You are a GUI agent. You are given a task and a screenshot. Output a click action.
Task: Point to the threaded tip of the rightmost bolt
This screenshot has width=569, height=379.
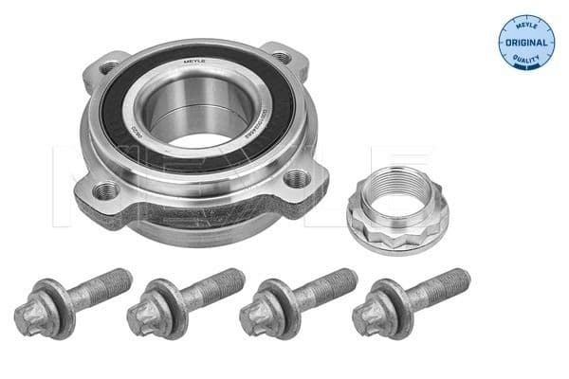(x=460, y=279)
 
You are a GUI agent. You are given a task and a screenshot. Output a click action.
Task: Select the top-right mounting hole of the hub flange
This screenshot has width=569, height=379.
(x=281, y=57)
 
